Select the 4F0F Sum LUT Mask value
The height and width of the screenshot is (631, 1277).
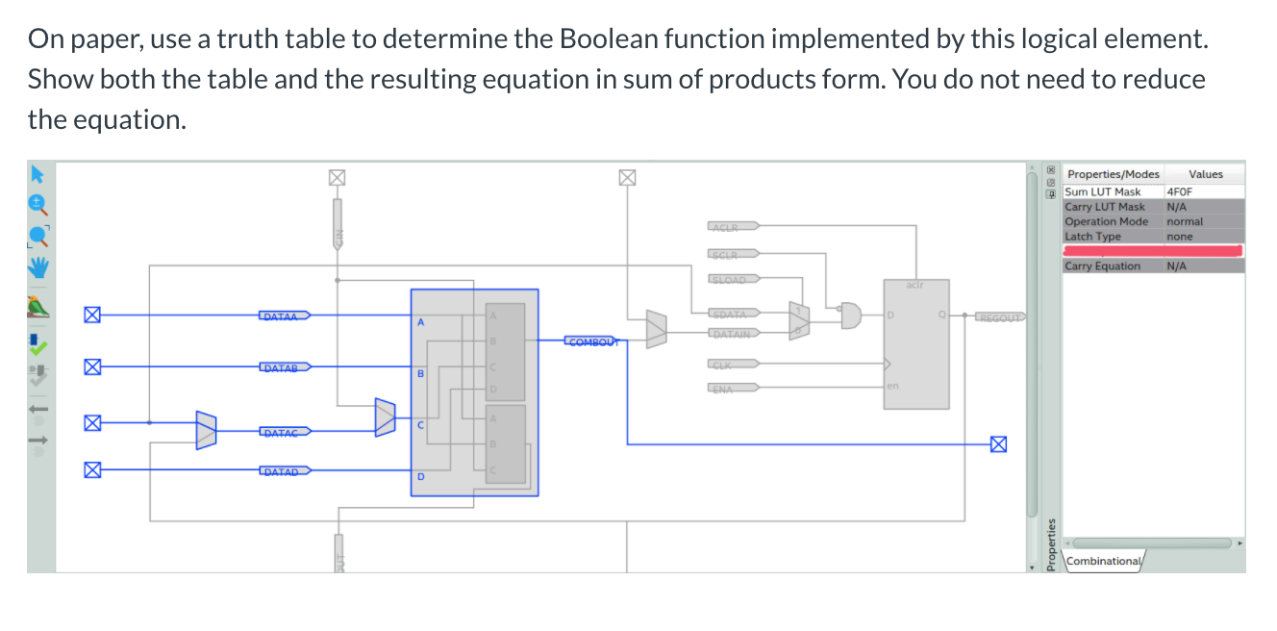click(x=1180, y=191)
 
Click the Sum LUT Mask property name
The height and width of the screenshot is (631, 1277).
click(x=1104, y=191)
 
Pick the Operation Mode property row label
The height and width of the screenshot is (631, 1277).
click(x=1106, y=221)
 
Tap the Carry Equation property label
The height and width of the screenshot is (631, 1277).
click(x=1103, y=266)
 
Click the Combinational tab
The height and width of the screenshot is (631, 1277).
click(x=1104, y=561)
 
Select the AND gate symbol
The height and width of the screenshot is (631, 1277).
click(x=851, y=314)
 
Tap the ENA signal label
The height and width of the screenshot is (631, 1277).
click(x=724, y=389)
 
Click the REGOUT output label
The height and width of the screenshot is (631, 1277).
click(x=999, y=315)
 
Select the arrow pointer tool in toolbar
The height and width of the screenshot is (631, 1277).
click(x=38, y=174)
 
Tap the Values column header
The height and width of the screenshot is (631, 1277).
click(x=1205, y=174)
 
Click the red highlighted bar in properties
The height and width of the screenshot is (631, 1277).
click(x=1153, y=251)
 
